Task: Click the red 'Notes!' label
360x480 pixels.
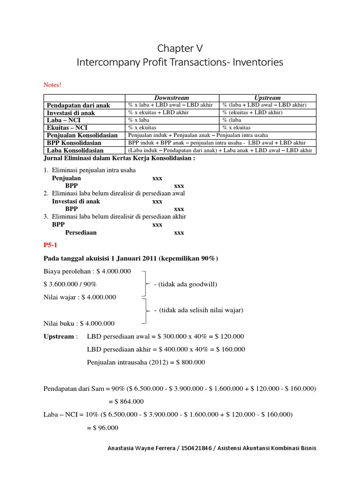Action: tap(52, 85)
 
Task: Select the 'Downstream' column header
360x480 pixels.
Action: tap(171, 97)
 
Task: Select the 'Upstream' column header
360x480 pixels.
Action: tap(268, 97)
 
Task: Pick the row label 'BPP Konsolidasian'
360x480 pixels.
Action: tap(74, 142)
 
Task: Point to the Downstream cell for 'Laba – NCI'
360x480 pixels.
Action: tap(141, 120)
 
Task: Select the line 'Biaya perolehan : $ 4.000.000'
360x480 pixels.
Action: tap(87, 271)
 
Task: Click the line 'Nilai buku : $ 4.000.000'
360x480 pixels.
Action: tap(79, 323)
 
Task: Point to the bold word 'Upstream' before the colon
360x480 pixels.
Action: tap(59, 336)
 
